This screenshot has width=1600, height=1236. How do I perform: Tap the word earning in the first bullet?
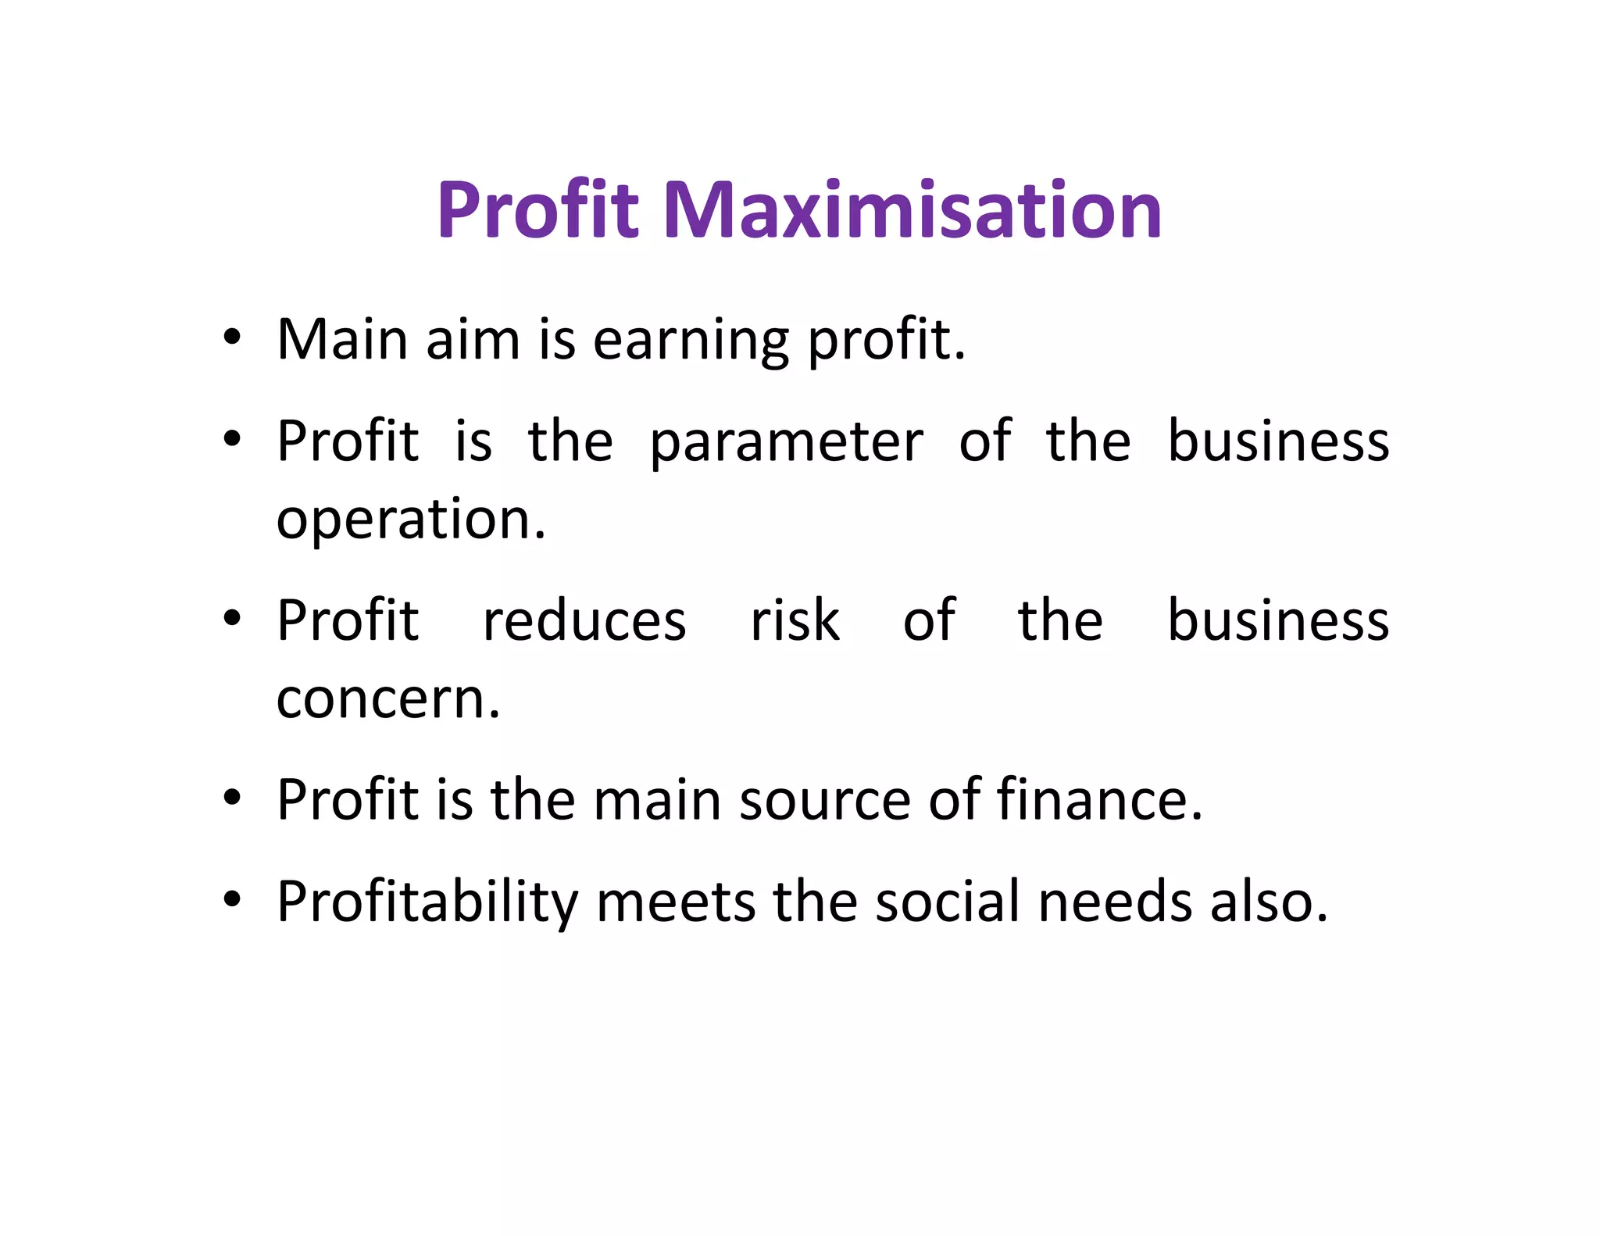pos(691,341)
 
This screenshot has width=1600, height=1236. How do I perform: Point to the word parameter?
pos(786,442)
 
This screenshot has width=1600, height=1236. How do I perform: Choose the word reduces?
pos(584,621)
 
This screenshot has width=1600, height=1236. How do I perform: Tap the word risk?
pos(795,621)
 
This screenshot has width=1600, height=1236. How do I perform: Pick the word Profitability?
pos(427,902)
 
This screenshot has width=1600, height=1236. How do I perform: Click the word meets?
pos(676,902)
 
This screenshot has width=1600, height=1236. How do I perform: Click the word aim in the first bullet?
pos(473,341)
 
